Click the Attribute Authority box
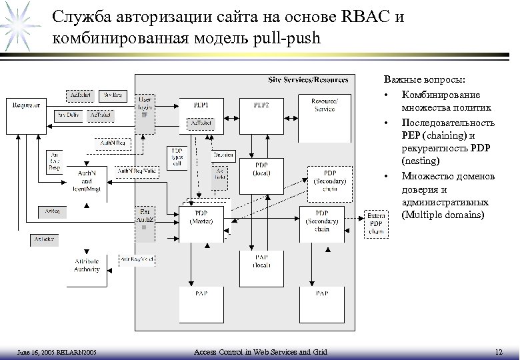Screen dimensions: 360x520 (x=87, y=265)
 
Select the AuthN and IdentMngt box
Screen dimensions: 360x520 (x=87, y=180)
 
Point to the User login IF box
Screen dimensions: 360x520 (x=144, y=106)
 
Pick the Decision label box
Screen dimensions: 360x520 (x=223, y=155)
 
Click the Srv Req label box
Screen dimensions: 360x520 (x=111, y=94)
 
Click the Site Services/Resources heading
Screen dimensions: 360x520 (x=307, y=80)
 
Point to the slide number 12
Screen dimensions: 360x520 (x=499, y=351)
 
